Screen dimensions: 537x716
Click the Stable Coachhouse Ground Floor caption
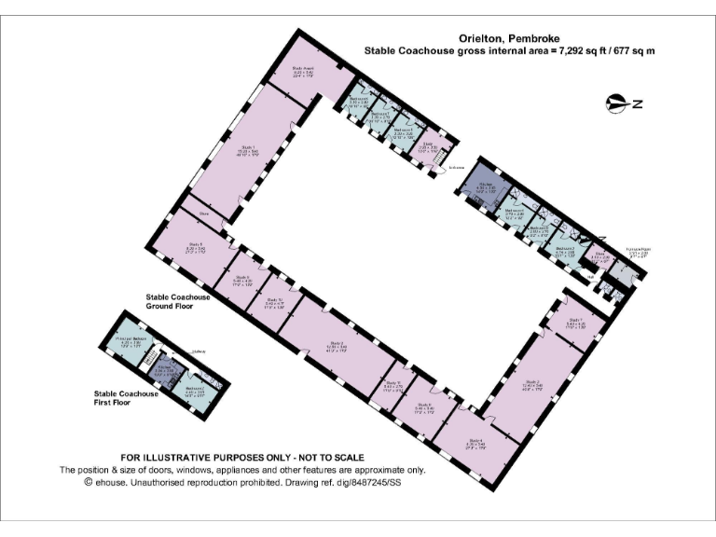coord(178,301)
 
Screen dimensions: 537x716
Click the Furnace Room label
coord(638,251)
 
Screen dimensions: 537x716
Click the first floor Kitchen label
coord(163,368)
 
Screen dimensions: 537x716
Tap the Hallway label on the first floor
coord(198,351)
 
